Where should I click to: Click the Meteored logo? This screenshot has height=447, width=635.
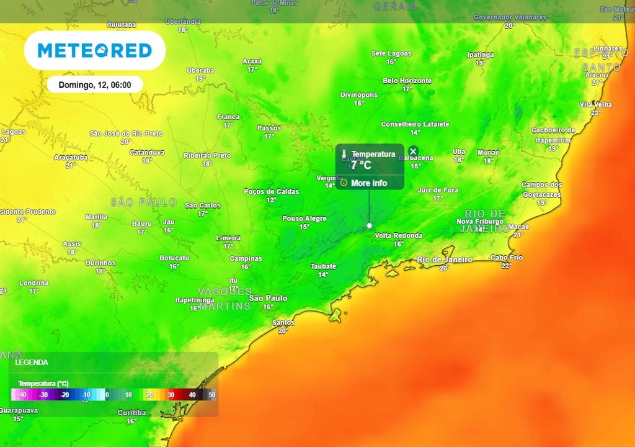tap(95, 50)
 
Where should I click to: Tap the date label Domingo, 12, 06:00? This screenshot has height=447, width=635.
tap(95, 84)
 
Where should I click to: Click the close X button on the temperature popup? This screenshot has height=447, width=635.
tap(414, 151)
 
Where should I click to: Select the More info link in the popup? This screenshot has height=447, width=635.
tap(368, 183)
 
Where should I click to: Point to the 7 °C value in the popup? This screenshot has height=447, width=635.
tap(361, 165)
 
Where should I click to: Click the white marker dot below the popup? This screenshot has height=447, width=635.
tap(370, 225)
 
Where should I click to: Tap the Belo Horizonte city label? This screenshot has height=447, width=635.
tap(407, 81)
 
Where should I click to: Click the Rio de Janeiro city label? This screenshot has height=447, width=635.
tap(444, 260)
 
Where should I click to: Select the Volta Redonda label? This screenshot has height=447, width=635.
tap(398, 235)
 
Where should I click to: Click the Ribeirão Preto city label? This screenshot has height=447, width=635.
tap(207, 156)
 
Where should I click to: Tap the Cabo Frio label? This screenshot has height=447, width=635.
tap(506, 257)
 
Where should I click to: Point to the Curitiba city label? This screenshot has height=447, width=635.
tap(131, 412)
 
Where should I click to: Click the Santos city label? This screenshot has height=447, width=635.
tap(283, 323)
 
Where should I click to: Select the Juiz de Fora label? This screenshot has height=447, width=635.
tap(438, 190)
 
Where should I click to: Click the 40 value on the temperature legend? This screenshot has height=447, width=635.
tap(192, 394)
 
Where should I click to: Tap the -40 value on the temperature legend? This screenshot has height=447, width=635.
tap(22, 394)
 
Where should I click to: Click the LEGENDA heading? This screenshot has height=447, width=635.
tap(32, 362)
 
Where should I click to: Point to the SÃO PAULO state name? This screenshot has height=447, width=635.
tap(143, 202)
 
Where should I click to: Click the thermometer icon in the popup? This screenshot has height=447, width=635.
tap(344, 154)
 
